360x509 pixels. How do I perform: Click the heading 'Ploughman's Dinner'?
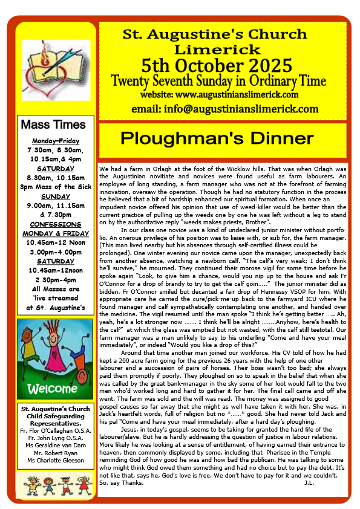pyautogui.click(x=223, y=138)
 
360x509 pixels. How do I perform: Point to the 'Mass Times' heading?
pyautogui.click(x=53, y=126)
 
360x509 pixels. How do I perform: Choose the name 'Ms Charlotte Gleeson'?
pyautogui.click(x=56, y=461)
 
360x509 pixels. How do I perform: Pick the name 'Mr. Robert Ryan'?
pyautogui.click(x=56, y=452)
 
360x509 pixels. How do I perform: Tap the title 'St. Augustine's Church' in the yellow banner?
pyautogui.click(x=223, y=36)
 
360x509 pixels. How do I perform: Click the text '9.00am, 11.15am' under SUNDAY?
pyautogui.click(x=55, y=205)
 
